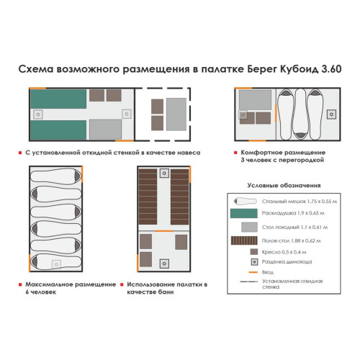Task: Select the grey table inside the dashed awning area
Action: (175, 112)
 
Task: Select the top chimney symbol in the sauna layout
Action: (165, 172)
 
